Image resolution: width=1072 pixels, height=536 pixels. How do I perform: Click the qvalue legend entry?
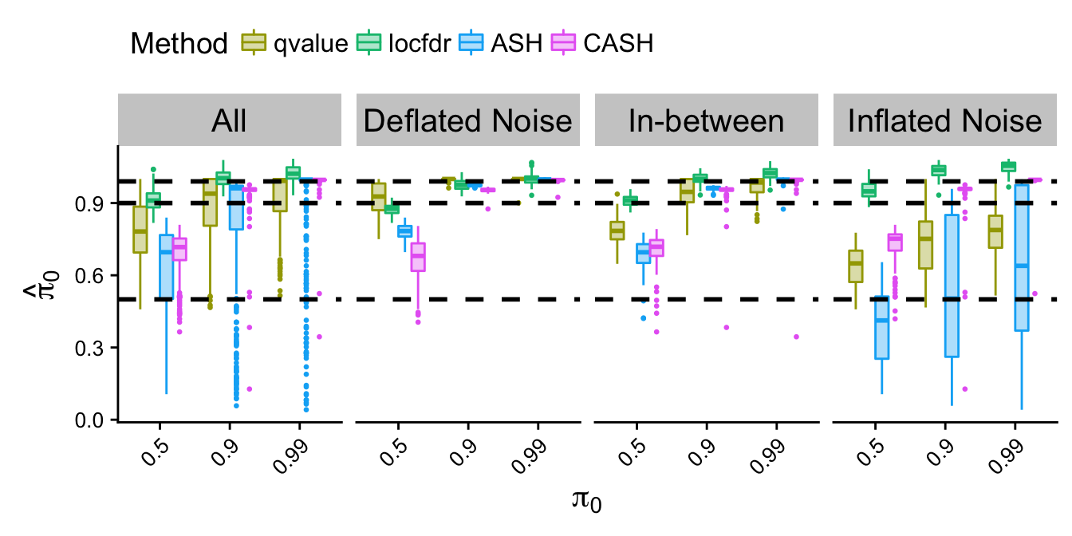click(295, 43)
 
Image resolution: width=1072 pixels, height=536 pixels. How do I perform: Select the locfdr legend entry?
click(403, 43)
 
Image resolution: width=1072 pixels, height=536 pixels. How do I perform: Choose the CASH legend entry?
click(599, 43)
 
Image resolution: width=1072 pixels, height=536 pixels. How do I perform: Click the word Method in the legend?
click(179, 43)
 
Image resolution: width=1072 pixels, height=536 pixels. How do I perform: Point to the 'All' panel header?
click(230, 121)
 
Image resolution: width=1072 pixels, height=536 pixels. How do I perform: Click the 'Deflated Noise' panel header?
click(468, 121)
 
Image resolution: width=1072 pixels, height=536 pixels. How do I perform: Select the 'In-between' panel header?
click(707, 121)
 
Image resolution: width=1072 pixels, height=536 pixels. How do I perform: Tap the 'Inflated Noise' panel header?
click(945, 121)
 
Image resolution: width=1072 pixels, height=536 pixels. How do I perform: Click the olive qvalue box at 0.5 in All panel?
click(140, 229)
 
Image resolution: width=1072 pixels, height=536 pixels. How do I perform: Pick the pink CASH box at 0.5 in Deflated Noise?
click(417, 257)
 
